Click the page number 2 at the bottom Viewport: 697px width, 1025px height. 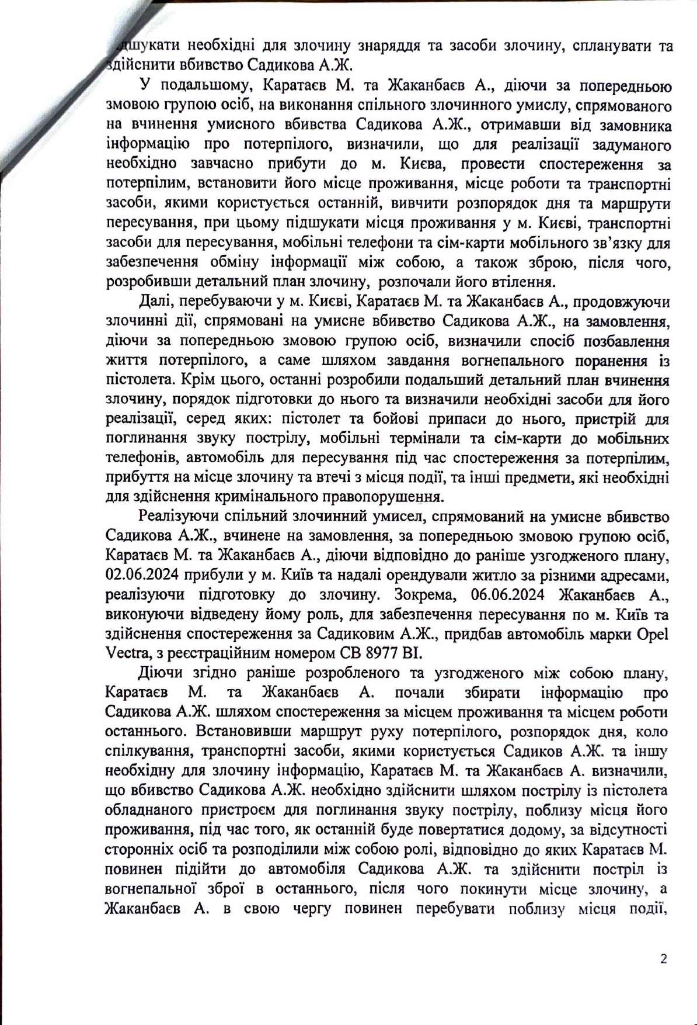(663, 958)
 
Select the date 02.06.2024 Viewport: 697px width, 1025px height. (141, 575)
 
